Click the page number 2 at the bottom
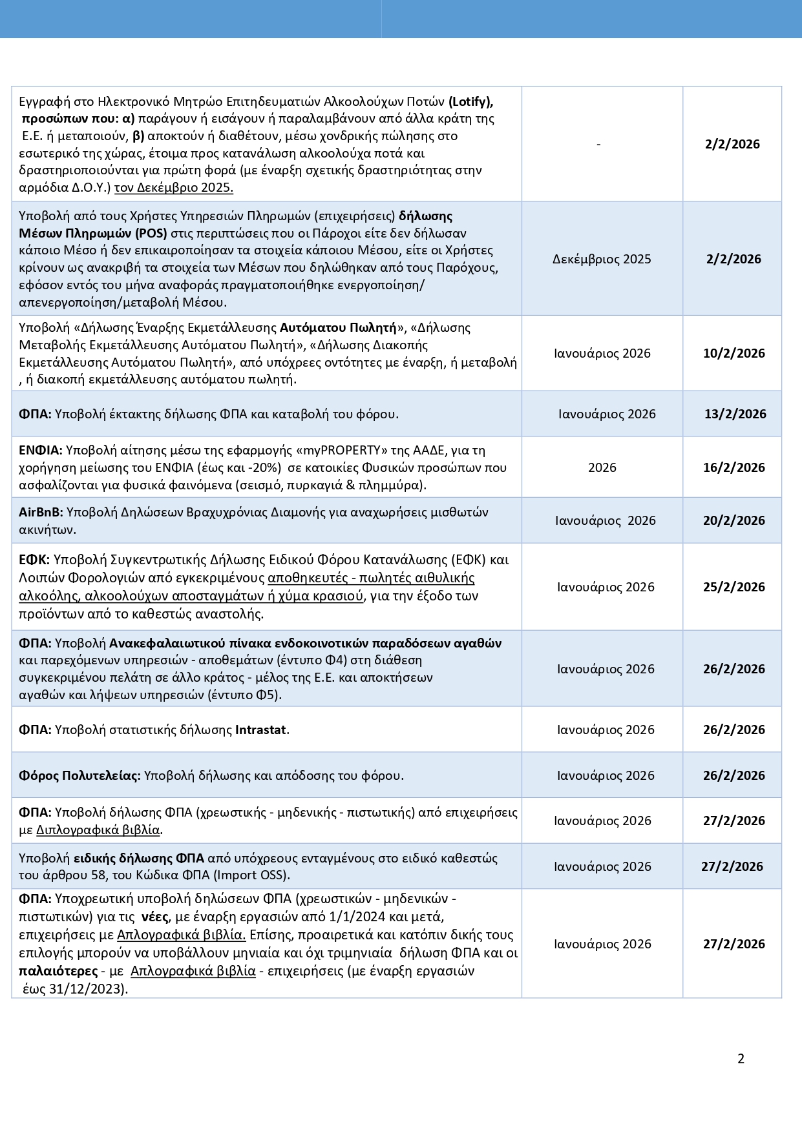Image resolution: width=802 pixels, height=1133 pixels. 741,1059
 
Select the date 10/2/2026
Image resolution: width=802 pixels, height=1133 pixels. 733,353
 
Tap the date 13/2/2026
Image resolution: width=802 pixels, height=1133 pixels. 735,414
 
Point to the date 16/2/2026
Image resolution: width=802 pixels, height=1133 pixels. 733,467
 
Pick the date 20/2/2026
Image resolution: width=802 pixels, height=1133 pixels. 733,520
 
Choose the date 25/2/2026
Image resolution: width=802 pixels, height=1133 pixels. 733,587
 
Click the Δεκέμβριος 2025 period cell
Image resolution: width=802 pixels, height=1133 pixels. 602,259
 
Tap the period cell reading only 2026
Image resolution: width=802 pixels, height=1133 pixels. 602,467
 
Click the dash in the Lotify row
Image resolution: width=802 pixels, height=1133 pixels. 598,145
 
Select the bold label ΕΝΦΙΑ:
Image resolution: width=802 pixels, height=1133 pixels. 40,450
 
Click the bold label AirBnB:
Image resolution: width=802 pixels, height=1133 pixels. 41,512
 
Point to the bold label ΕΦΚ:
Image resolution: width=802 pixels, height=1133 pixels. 35,559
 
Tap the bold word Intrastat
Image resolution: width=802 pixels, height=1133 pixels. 260,730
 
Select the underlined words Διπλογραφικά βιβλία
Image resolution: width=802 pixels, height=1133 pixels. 98,830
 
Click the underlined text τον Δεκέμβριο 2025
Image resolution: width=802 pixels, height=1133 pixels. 173,188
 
